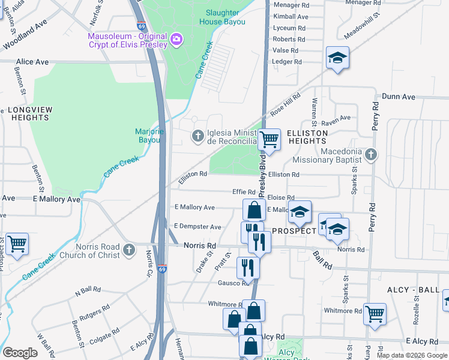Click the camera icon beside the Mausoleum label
click(176, 40)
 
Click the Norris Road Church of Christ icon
click(128, 250)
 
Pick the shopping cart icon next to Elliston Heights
click(270, 139)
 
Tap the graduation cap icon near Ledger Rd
click(337, 58)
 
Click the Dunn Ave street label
click(399, 97)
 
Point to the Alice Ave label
click(32, 62)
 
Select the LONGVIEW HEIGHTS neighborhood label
click(30, 114)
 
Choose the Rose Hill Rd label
click(285, 106)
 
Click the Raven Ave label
click(336, 118)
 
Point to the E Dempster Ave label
click(197, 227)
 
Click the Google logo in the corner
click(20, 352)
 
